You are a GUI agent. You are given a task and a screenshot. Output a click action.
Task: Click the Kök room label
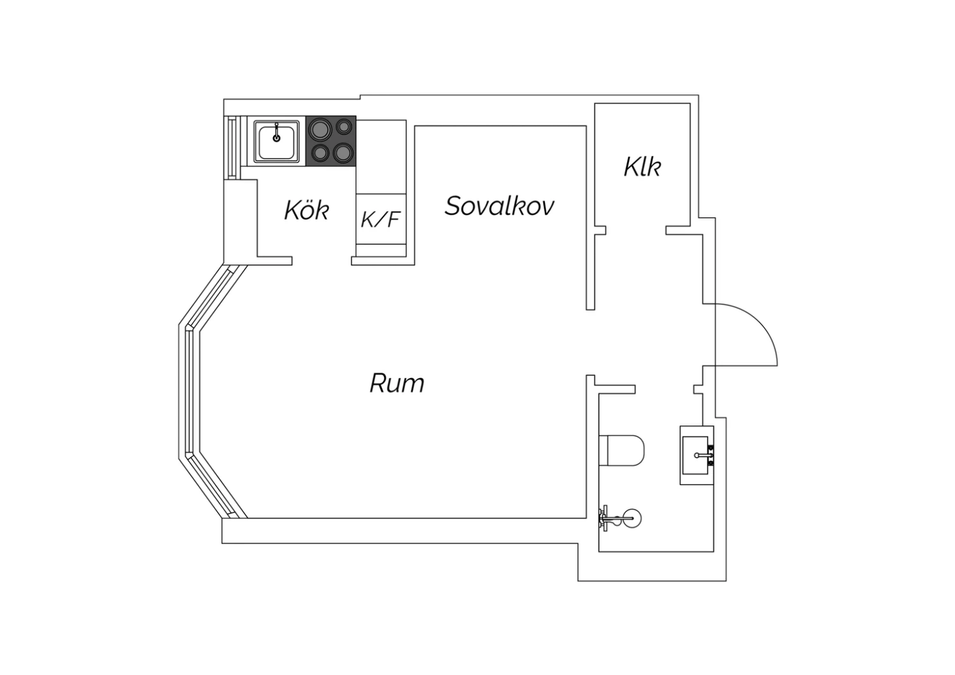[306, 210]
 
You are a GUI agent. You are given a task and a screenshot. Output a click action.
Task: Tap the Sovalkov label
[499, 206]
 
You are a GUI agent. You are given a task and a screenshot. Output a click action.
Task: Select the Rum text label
[397, 383]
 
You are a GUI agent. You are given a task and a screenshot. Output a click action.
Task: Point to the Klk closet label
[642, 167]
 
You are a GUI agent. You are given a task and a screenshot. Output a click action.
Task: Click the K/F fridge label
[380, 219]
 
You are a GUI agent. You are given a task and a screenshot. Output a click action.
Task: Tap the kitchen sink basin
[276, 141]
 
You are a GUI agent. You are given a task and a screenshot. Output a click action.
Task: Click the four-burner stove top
[331, 141]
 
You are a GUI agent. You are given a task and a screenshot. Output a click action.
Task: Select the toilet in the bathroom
[621, 450]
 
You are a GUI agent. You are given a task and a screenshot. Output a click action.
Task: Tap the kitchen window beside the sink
[232, 146]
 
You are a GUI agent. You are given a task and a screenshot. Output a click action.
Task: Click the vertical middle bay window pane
[189, 392]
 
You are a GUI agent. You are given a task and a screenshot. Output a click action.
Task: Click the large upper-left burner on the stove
[319, 129]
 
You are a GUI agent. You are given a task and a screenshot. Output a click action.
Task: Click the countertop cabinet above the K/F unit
[381, 156]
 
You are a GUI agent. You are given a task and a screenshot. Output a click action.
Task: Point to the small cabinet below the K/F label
[381, 250]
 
